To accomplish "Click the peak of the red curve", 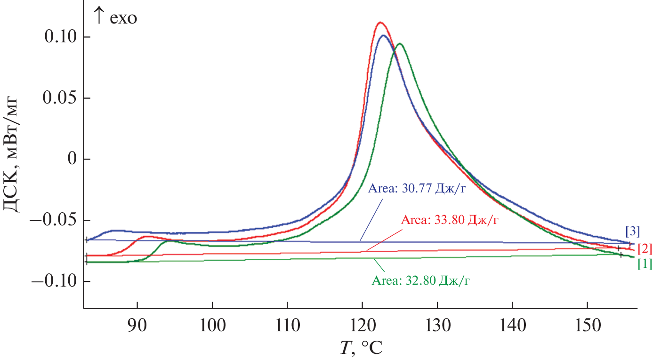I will (380, 23).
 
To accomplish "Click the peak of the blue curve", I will (383, 35).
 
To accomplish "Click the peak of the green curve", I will (400, 44).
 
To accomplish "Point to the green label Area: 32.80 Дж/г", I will (421, 281).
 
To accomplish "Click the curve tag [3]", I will (632, 231).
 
